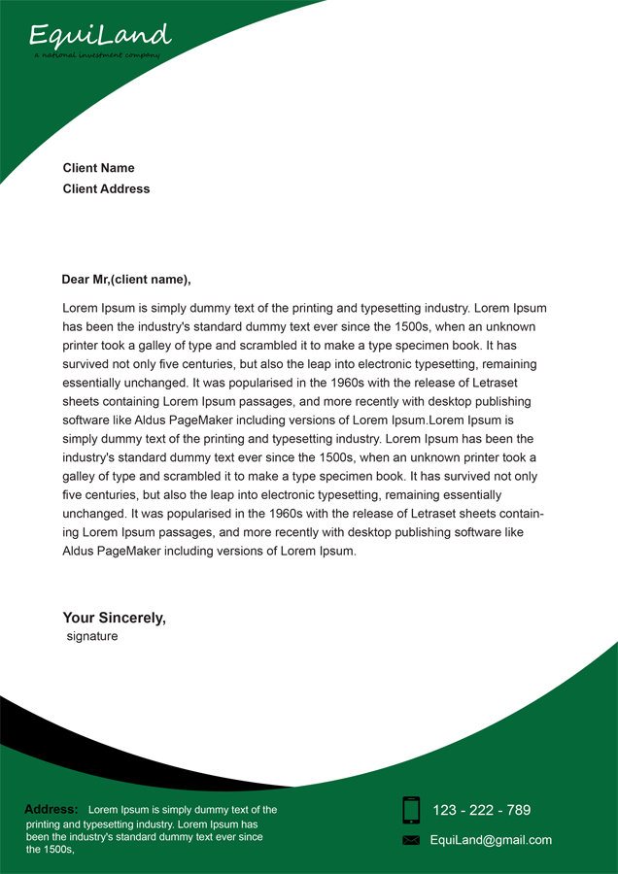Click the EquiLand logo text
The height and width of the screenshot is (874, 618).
(100, 36)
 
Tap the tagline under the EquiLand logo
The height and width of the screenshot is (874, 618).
(96, 55)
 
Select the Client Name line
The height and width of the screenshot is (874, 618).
(99, 168)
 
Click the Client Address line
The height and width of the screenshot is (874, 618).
(107, 189)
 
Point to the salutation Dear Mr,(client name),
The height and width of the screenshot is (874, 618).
(126, 280)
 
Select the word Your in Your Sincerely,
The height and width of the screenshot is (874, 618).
(79, 618)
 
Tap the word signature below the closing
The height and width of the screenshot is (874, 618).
(92, 637)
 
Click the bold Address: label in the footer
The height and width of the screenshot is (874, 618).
(51, 809)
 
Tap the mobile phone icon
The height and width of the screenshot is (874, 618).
(411, 810)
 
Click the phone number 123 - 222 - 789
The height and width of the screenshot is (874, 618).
(482, 810)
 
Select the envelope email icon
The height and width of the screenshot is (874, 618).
(411, 840)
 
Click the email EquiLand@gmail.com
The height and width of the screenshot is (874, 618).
(491, 840)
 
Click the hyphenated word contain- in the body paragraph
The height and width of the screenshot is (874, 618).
(518, 514)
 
